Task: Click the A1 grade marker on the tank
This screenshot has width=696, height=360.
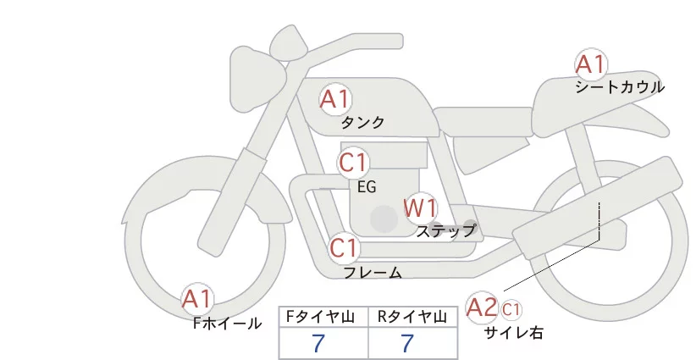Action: pos(334,99)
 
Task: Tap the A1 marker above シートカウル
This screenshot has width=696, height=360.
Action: pos(590,64)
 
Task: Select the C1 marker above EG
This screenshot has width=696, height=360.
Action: pos(353,163)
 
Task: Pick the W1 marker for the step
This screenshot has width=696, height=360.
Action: pos(419,208)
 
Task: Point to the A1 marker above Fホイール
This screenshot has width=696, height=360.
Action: pos(198,299)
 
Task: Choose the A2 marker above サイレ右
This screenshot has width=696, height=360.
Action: pos(482,307)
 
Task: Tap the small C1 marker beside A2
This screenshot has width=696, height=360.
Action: pos(512,308)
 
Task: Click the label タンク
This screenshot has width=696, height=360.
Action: pos(362,123)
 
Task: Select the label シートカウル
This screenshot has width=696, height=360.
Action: pos(619,87)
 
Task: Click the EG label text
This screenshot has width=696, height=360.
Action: pos(367,186)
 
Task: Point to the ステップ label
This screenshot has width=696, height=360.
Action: pos(446,230)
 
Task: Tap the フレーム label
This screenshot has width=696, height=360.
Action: pos(373,273)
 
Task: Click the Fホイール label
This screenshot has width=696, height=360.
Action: pos(228,323)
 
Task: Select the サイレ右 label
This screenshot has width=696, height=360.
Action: pos(513,333)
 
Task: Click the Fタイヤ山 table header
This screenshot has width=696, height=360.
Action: pos(323,317)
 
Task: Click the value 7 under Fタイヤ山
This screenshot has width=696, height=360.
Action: pos(318,344)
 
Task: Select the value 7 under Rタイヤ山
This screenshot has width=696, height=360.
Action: pos(408,344)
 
